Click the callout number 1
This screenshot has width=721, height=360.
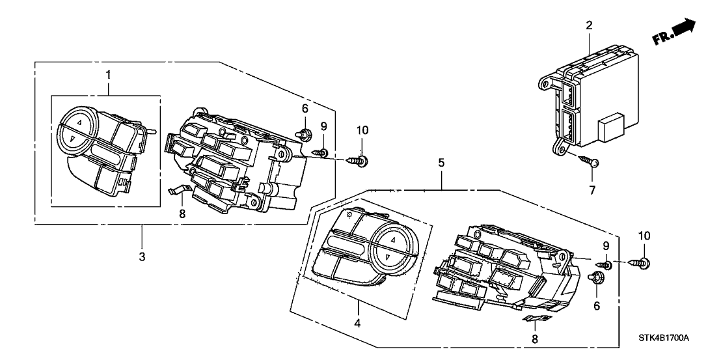tap(108, 76)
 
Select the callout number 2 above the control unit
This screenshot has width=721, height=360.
tap(588, 25)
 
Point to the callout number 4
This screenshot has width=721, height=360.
tap(357, 322)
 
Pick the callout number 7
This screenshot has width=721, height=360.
tap(593, 190)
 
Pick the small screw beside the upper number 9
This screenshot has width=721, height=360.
tap(320, 154)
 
